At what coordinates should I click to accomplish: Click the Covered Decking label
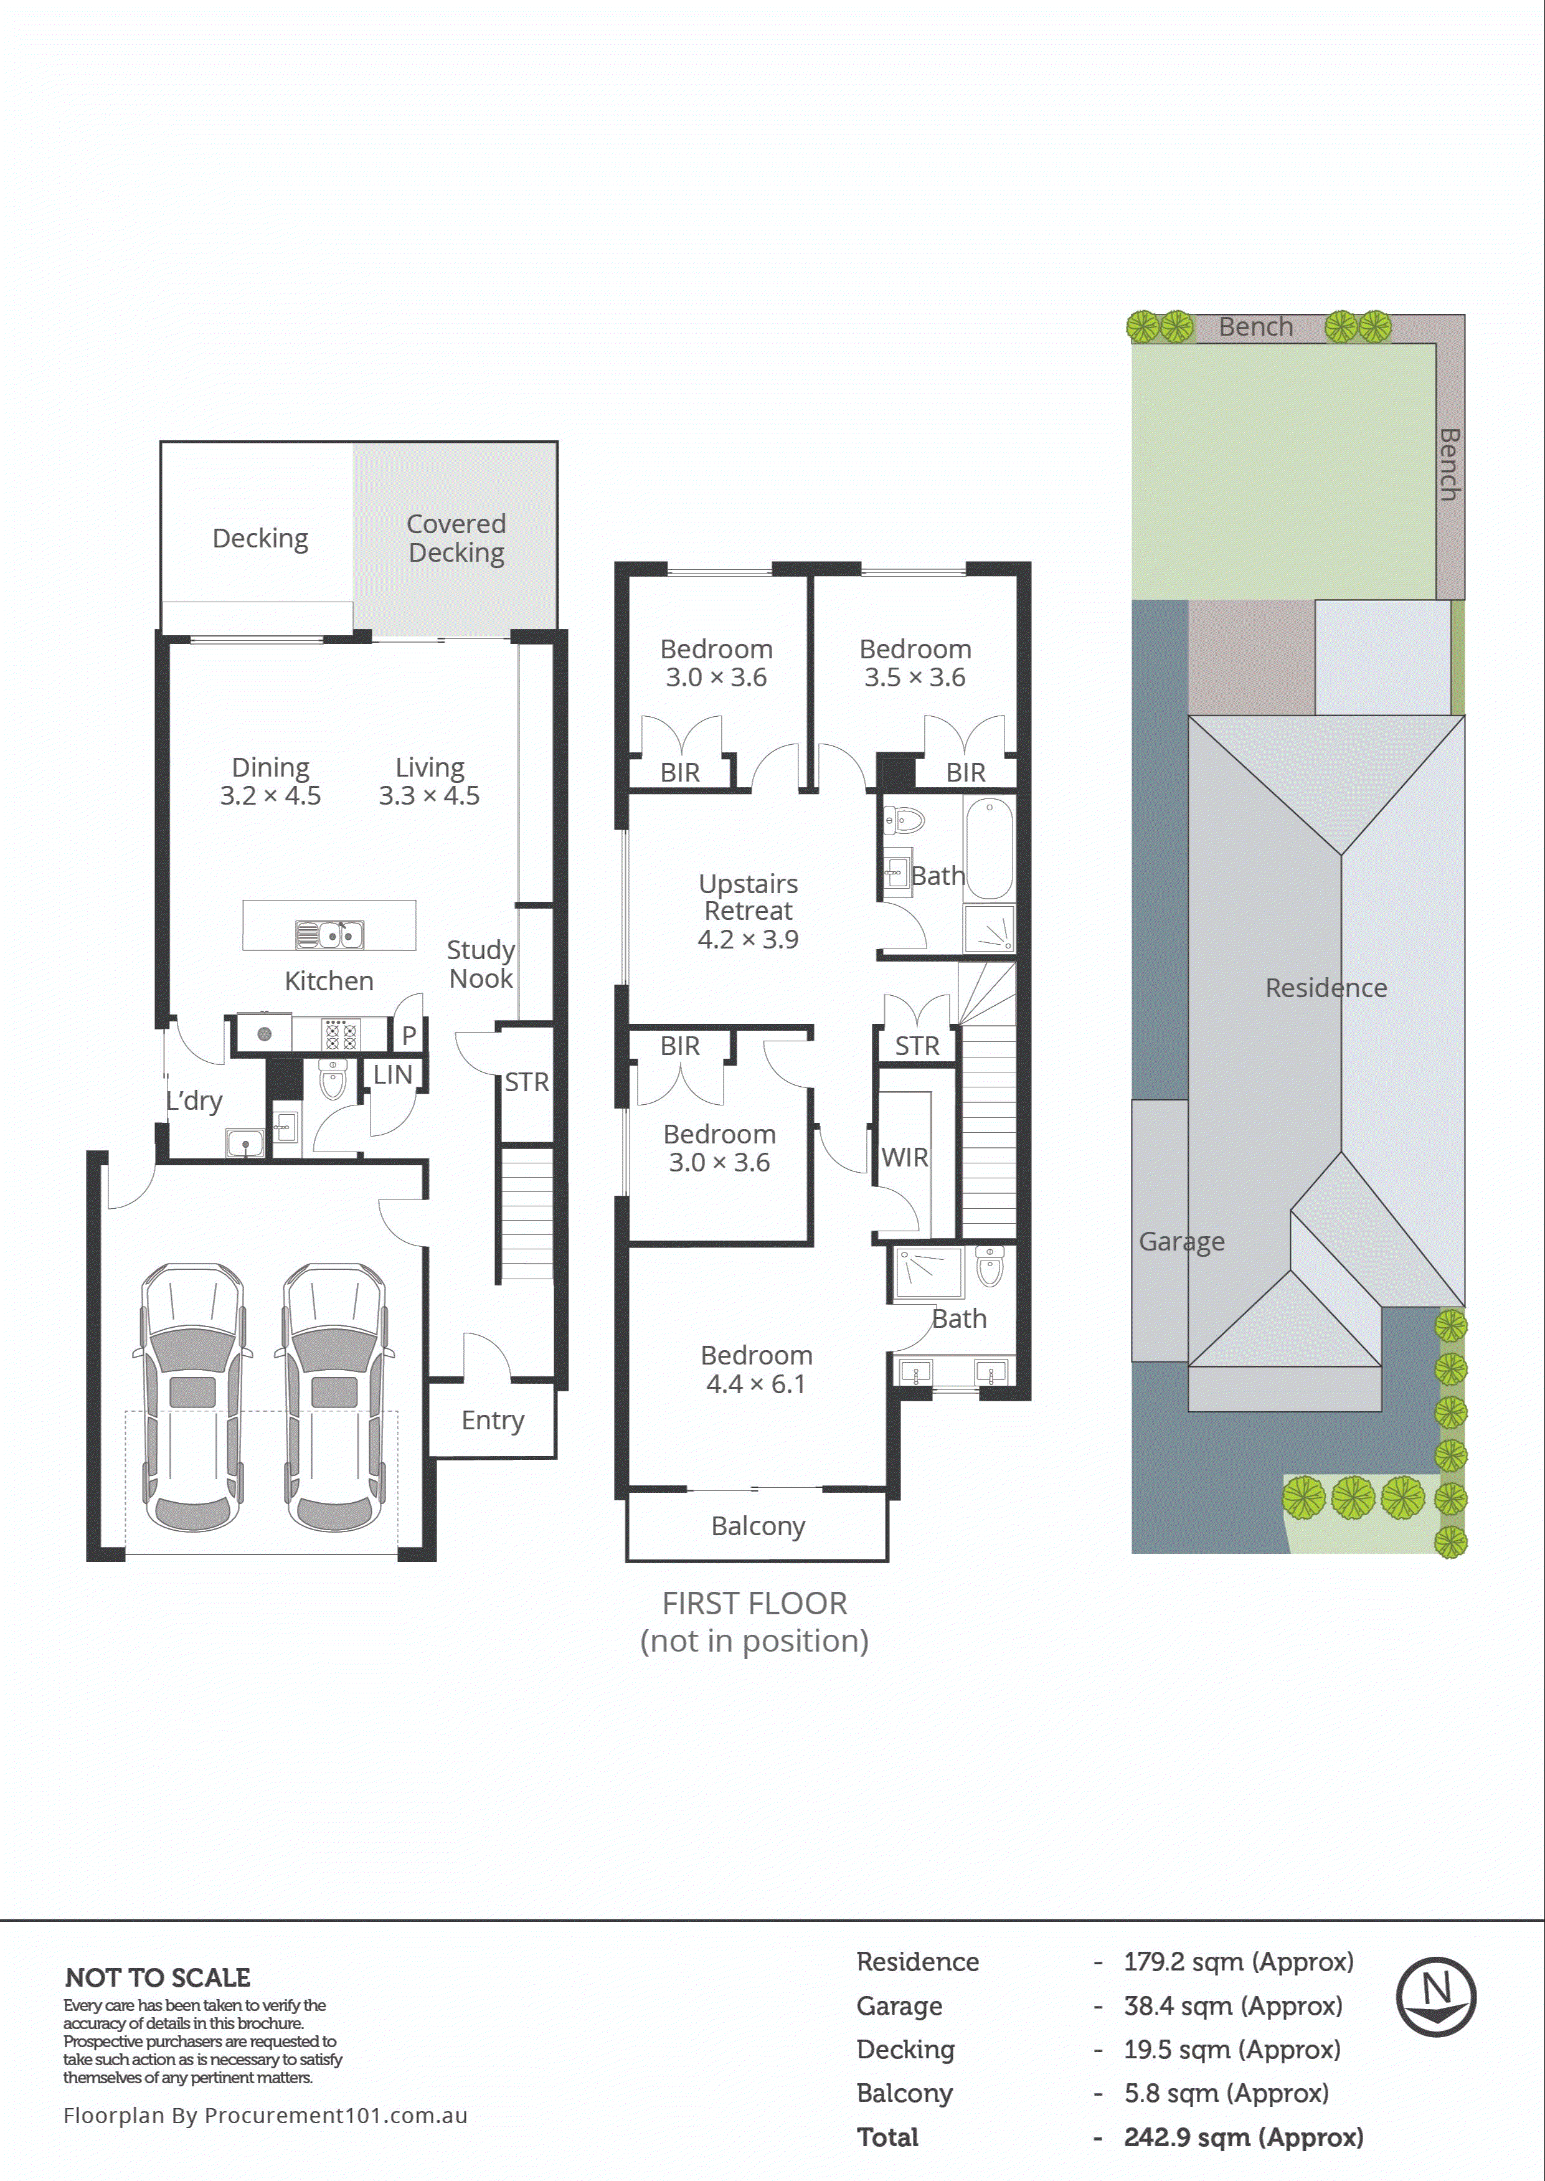456,538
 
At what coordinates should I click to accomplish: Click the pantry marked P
408,1035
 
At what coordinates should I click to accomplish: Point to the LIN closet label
392,1075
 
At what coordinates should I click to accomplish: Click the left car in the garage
193,1398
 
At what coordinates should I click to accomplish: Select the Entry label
492,1420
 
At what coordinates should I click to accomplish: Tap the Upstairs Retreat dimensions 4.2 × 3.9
748,940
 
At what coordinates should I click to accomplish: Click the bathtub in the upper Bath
990,848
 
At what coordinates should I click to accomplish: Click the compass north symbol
1435,1997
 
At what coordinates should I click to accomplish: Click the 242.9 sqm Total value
1242,2137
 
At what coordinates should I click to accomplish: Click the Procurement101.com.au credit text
265,2116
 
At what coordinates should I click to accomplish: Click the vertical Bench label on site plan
1448,464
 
